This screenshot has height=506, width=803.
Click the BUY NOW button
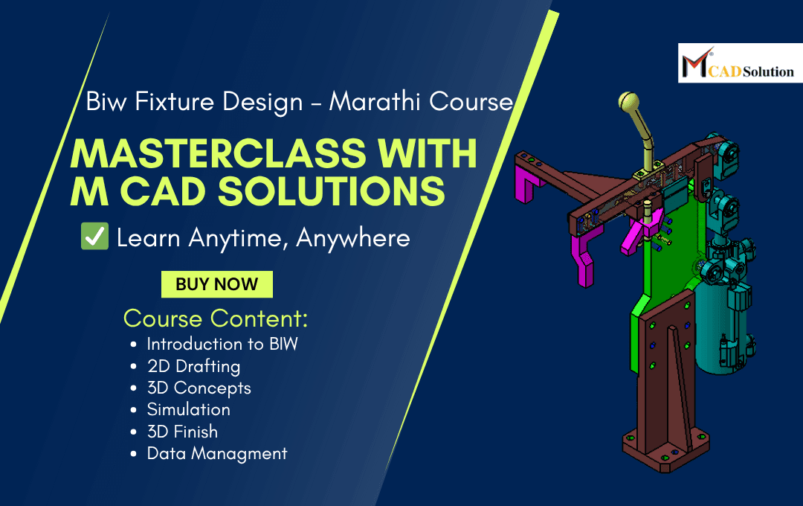pyautogui.click(x=217, y=284)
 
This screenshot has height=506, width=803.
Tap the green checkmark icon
pyautogui.click(x=94, y=237)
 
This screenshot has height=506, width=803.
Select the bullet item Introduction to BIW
pyautogui.click(x=222, y=345)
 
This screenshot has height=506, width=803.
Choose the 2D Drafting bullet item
pyautogui.click(x=193, y=366)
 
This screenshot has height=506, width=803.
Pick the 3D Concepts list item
pyautogui.click(x=199, y=388)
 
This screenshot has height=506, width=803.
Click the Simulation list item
pyautogui.click(x=188, y=409)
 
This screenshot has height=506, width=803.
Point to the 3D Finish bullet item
pyautogui.click(x=182, y=432)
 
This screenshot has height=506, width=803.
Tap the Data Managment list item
pyautogui.click(x=216, y=453)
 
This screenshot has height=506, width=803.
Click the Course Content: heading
pyautogui.click(x=216, y=318)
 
